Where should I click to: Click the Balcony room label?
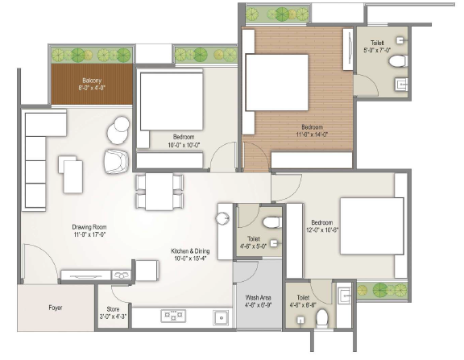click(x=92, y=81)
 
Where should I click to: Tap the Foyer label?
click(x=56, y=308)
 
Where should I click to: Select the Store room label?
click(x=113, y=309)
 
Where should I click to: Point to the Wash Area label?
click(x=258, y=298)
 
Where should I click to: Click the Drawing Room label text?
click(x=89, y=227)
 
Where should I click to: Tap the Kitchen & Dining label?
click(x=190, y=251)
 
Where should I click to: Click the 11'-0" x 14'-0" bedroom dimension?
click(x=313, y=134)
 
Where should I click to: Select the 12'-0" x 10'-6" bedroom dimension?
click(x=322, y=230)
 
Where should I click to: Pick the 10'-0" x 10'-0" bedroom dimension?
click(x=184, y=145)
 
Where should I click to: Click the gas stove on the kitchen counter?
click(x=173, y=316)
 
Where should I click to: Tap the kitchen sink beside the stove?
click(x=221, y=317)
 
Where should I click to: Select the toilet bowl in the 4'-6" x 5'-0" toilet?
click(x=272, y=222)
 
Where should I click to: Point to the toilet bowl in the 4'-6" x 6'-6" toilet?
click(x=321, y=319)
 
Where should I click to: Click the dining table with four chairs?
click(x=159, y=192)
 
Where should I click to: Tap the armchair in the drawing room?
click(x=116, y=162)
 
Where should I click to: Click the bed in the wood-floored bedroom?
click(x=276, y=82)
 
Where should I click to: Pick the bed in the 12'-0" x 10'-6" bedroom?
click(x=372, y=226)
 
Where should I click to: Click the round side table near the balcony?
click(x=118, y=130)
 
